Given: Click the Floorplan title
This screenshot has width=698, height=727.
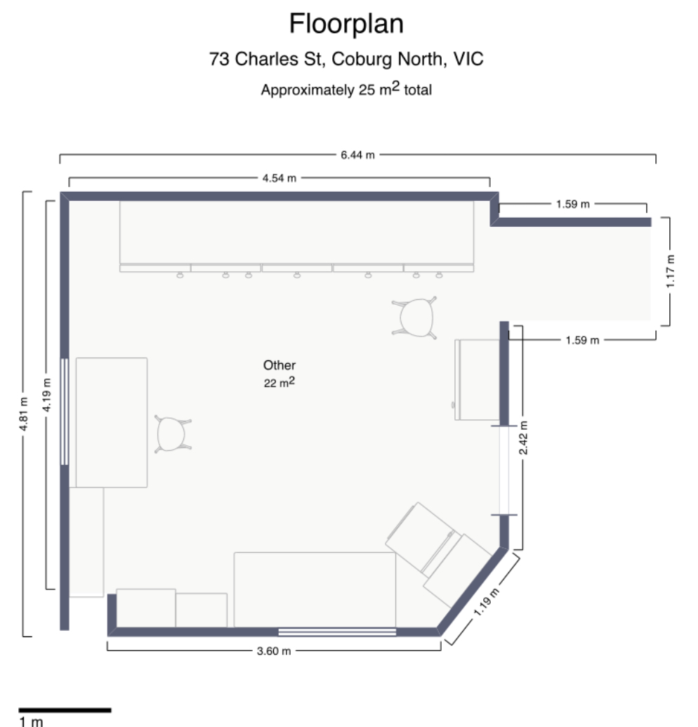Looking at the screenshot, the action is (346, 24).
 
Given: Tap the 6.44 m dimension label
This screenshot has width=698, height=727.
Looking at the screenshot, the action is (357, 155).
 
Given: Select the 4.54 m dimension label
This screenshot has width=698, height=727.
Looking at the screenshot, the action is (279, 178).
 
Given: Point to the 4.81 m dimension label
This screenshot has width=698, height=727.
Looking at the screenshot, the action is (24, 414).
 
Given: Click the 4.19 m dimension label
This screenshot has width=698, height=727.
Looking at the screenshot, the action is (46, 395).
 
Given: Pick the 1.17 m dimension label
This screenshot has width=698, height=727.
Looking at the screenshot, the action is (670, 271).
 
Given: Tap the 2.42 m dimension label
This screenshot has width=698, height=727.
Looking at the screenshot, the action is (523, 438).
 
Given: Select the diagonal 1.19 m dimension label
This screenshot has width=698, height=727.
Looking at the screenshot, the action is (486, 602).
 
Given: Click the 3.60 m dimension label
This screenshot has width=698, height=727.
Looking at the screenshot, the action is (274, 651).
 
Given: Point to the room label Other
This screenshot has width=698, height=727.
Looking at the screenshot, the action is (279, 365).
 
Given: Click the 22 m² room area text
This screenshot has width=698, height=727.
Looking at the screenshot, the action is (279, 383).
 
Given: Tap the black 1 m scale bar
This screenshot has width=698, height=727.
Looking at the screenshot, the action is (65, 710).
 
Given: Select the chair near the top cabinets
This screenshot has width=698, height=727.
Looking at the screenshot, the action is (415, 317).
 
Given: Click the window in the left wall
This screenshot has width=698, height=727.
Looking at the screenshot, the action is (65, 411).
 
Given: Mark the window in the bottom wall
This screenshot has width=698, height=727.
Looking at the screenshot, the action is (337, 631).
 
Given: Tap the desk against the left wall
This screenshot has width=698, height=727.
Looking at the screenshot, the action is (112, 422).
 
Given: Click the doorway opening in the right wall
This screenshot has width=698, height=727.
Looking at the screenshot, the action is (503, 470).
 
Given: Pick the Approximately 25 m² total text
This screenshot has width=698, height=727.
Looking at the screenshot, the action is (346, 89).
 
